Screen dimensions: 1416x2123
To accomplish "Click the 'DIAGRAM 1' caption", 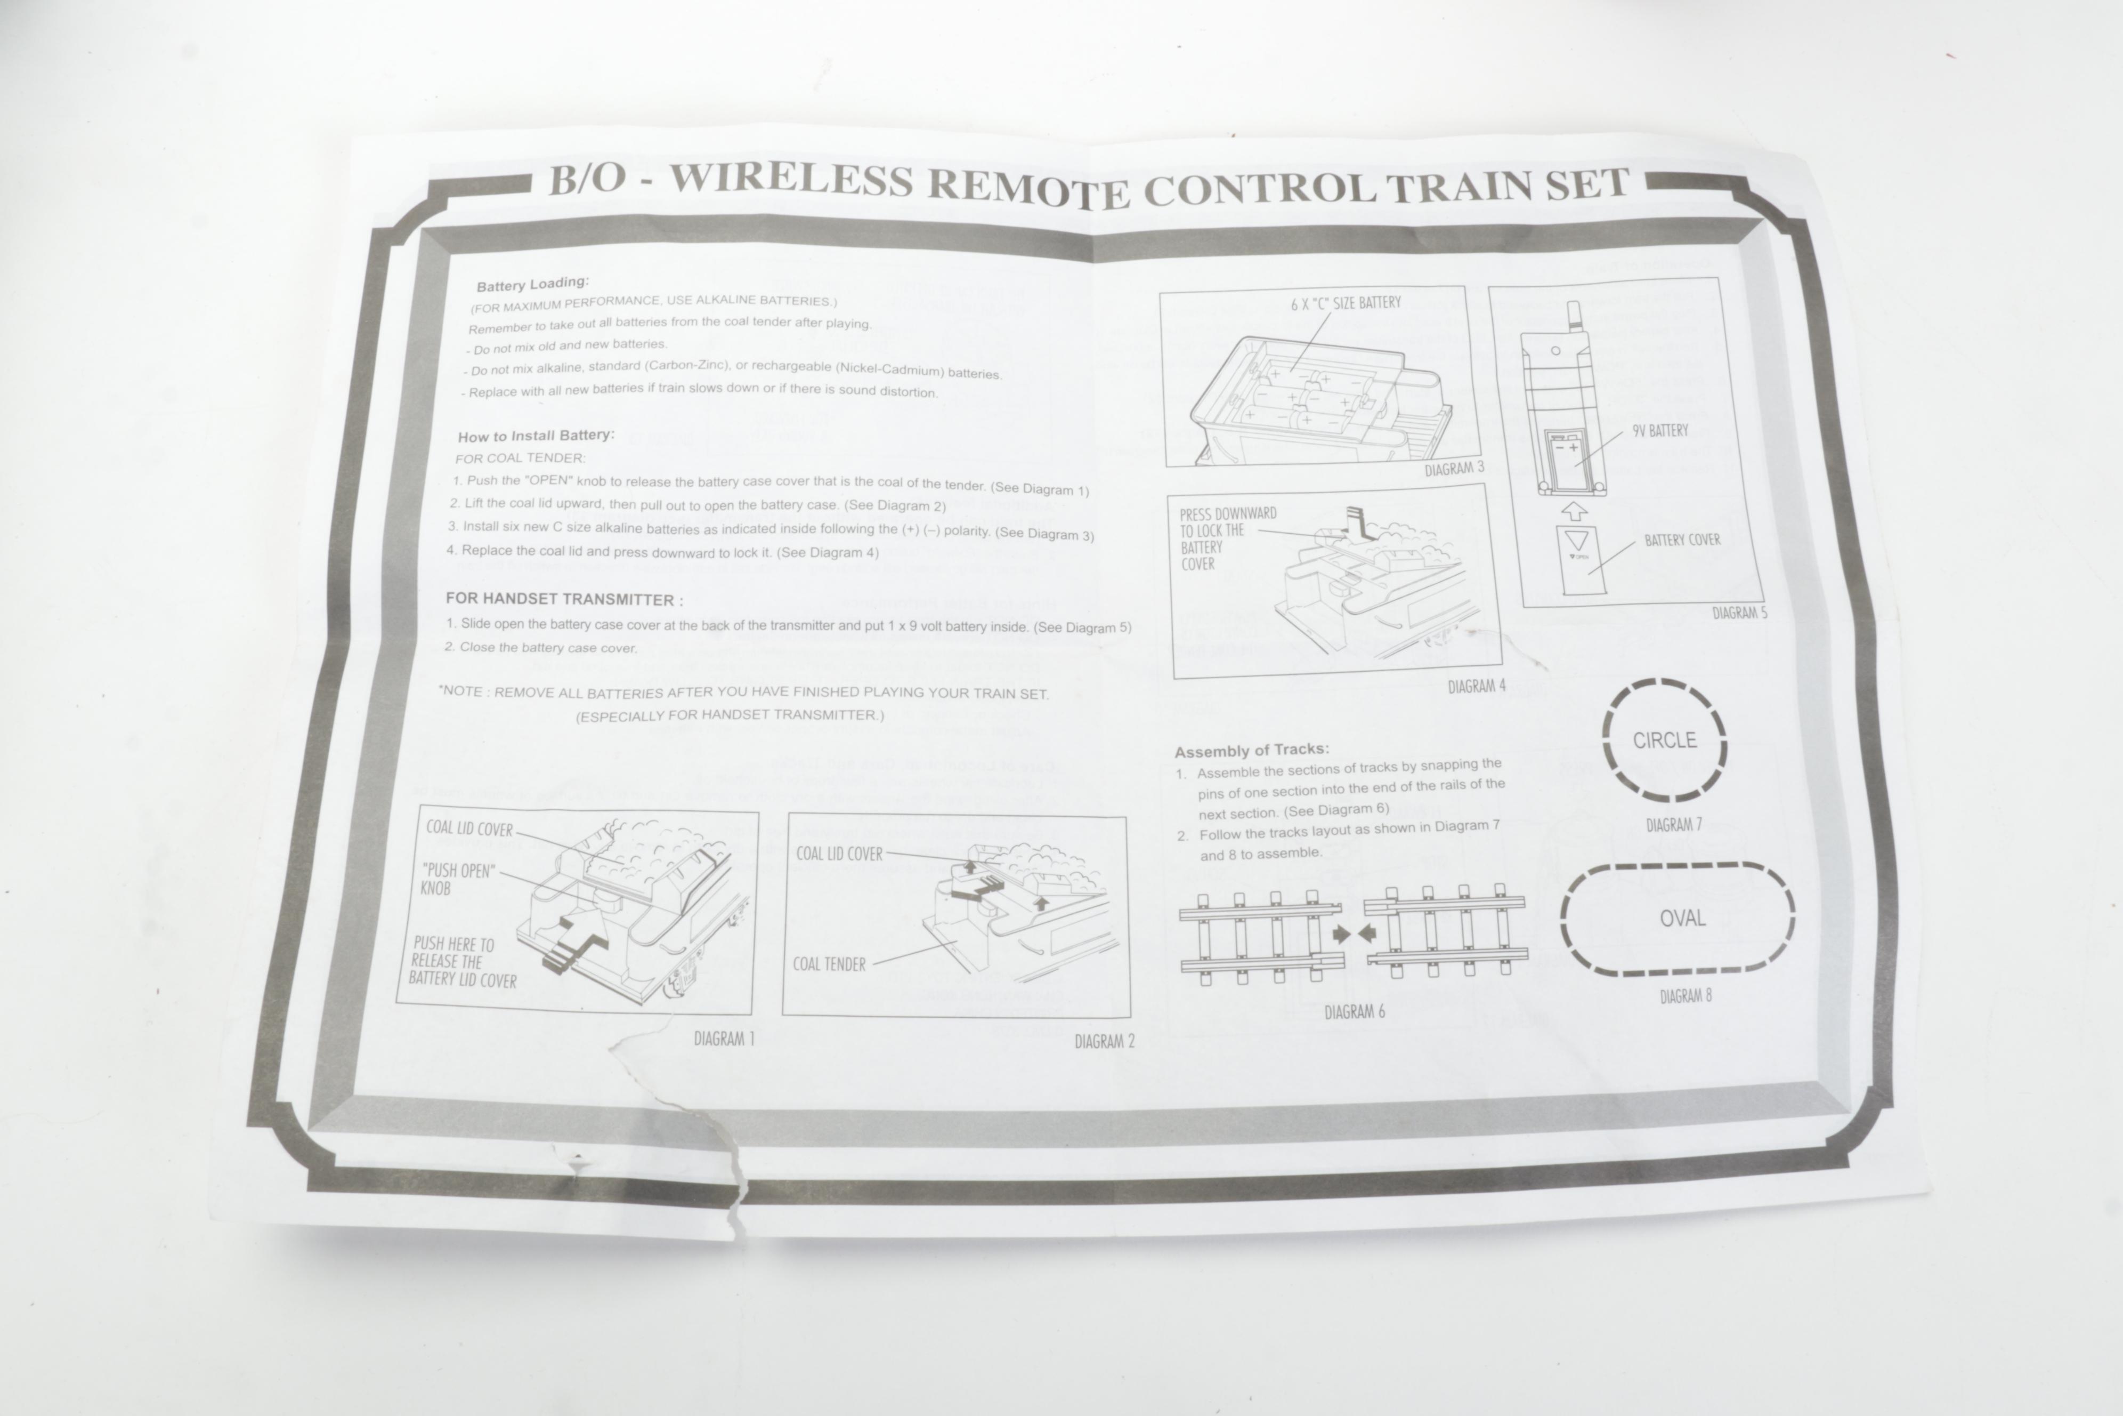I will pyautogui.click(x=724, y=1039).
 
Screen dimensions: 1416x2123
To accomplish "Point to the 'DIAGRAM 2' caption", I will pyautogui.click(x=1104, y=1041).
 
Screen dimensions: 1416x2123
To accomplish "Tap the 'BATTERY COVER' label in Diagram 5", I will pyautogui.click(x=1682, y=540).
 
